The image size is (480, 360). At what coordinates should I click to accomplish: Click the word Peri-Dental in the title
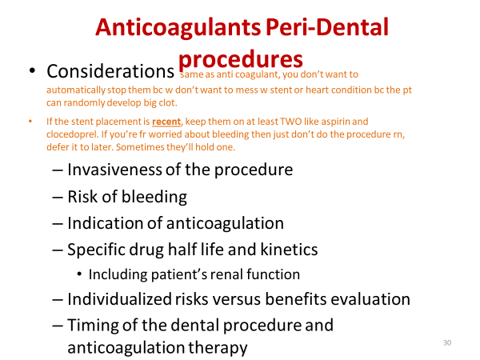pos(327,27)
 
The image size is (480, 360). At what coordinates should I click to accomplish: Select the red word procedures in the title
pos(241,59)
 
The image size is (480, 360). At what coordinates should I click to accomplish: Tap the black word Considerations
pos(110,71)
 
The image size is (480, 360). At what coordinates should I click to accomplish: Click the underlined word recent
pos(166,122)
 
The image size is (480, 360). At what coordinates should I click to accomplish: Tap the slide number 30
pos(447,342)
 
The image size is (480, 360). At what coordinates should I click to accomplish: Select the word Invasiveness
pos(114,170)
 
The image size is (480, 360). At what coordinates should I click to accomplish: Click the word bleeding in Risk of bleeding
pos(154,197)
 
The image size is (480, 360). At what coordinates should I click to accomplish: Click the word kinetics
pos(289,249)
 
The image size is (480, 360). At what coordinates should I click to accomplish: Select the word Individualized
pos(119,298)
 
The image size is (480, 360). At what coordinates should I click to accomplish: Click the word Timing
pos(93,326)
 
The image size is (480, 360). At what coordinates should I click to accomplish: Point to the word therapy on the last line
pos(218,348)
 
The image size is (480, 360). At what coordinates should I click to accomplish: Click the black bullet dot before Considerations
pos(32,70)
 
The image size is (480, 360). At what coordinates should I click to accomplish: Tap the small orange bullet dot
pos(30,122)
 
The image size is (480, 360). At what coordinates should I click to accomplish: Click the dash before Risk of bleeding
pos(58,197)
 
